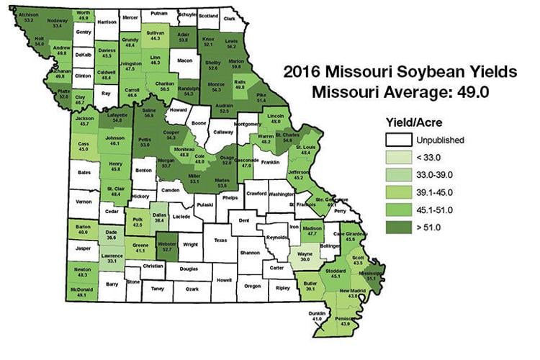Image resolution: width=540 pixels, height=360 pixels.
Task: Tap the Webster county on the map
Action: (168, 246)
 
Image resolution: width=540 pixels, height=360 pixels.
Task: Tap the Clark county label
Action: (229, 19)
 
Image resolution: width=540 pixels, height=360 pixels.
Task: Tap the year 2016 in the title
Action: (301, 71)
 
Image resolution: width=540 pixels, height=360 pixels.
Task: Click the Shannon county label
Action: (249, 253)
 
